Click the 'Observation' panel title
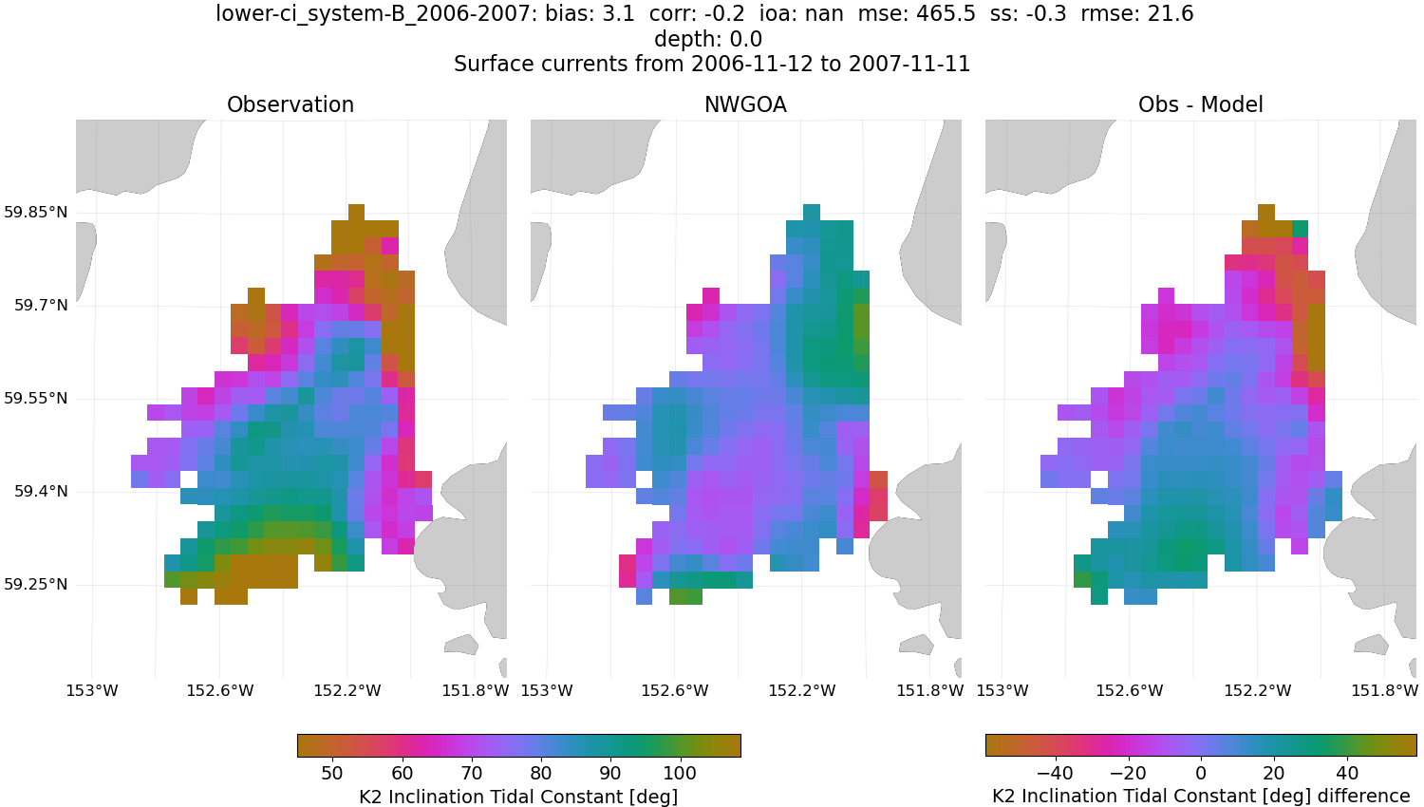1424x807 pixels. [290, 104]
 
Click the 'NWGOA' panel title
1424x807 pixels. [745, 104]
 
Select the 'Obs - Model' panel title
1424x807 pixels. [1200, 104]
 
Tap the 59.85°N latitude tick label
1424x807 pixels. [36, 212]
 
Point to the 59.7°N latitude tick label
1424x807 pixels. [41, 305]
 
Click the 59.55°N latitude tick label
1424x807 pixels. [36, 398]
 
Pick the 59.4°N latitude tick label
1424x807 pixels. [41, 491]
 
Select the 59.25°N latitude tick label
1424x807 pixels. [36, 584]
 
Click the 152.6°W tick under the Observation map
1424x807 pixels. [219, 690]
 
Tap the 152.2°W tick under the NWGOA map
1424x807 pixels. [802, 690]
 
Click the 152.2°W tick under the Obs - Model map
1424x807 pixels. [1257, 690]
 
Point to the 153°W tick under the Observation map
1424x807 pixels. [92, 690]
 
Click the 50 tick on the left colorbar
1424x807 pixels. [332, 773]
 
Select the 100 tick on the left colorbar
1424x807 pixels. [680, 773]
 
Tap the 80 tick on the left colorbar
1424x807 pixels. [541, 773]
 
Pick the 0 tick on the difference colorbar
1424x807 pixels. [1201, 773]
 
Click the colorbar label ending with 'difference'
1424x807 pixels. [1201, 796]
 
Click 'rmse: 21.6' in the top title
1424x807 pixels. [1136, 14]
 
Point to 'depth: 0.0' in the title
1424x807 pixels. [708, 39]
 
